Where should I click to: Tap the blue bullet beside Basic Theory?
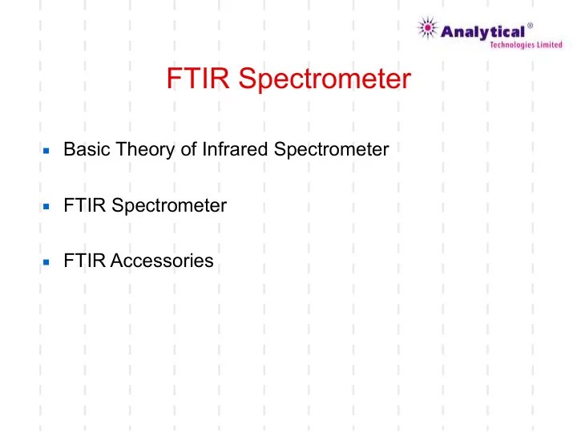(47, 151)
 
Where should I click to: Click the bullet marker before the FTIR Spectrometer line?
(47, 207)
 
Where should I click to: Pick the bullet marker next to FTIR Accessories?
(47, 262)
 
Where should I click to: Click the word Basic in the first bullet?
(82, 149)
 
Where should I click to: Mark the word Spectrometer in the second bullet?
(169, 206)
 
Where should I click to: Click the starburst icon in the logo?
(428, 30)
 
